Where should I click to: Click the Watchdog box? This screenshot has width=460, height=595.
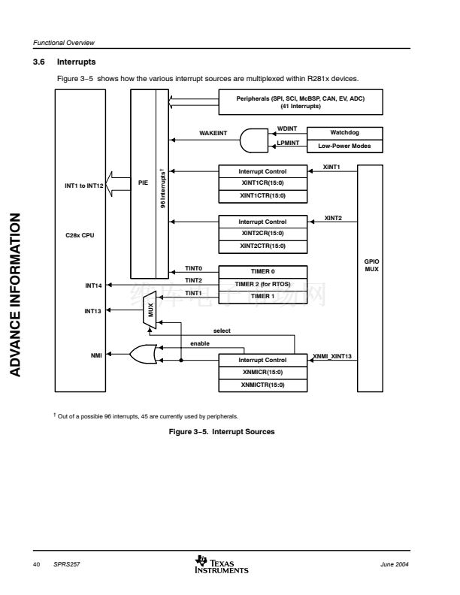point(344,133)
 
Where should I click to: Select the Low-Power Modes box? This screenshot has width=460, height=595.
point(344,146)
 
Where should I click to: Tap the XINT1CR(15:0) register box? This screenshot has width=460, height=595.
point(263,184)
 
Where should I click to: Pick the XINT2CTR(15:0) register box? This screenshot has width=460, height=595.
point(263,246)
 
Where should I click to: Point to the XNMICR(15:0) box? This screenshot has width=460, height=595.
point(263,373)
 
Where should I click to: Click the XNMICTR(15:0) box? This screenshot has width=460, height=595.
point(263,385)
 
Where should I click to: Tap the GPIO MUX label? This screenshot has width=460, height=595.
point(371,265)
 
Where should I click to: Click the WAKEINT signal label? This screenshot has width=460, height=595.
point(213,133)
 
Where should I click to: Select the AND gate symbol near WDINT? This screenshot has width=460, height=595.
point(253,139)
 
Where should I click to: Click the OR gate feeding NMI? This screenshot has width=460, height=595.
point(144,355)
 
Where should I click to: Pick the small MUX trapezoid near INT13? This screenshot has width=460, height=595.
point(151,309)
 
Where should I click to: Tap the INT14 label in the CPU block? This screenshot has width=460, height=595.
point(93,285)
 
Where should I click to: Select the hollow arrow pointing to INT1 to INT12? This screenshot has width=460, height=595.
point(118,183)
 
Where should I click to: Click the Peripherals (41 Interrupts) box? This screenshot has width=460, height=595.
point(300,101)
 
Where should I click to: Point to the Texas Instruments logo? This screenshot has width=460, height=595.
point(221,563)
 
